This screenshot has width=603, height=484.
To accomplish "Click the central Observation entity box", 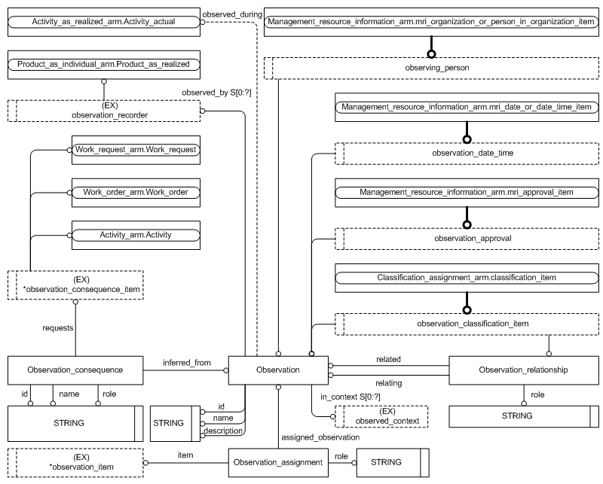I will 278,370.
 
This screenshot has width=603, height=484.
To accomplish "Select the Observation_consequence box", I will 75,370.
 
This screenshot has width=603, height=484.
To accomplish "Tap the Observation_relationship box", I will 523,370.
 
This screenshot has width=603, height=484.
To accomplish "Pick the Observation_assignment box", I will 278,461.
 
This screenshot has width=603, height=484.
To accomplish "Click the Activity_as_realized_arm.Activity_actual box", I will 104,23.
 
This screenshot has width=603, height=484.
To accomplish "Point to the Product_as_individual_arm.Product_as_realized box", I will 104,65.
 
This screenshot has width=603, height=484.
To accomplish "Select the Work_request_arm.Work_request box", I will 135,150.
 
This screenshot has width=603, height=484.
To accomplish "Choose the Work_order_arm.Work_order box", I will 135,193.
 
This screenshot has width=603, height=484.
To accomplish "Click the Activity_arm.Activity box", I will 135,235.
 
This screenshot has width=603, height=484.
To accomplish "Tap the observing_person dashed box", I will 431,68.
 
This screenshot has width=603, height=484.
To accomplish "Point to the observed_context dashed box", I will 381,416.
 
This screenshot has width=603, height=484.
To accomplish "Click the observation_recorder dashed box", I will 104,111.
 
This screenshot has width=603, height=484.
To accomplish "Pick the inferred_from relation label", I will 186,363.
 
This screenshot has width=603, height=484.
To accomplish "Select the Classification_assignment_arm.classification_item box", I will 467,278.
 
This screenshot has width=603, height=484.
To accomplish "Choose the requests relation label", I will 57,328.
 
